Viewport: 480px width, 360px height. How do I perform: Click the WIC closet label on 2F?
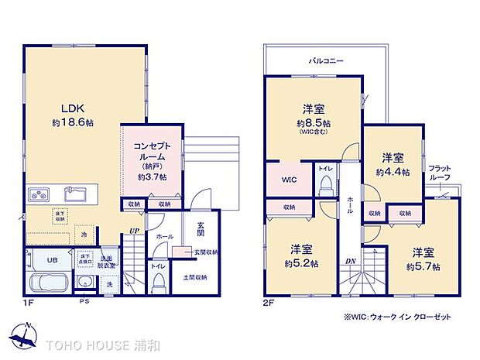pyautogui.click(x=288, y=180)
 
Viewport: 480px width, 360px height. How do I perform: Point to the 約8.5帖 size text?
pyautogui.click(x=313, y=123)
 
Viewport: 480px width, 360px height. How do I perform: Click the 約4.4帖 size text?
pyautogui.click(x=393, y=171)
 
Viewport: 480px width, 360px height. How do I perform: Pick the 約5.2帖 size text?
pyautogui.click(x=302, y=262)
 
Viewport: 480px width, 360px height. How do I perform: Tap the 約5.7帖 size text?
pyautogui.click(x=423, y=266)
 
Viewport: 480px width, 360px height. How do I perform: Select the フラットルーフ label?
pyautogui.click(x=441, y=172)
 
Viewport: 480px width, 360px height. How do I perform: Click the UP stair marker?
pyautogui.click(x=135, y=231)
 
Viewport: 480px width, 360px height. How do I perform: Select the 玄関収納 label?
pyautogui.click(x=206, y=252)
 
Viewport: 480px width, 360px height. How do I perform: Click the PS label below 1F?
pyautogui.click(x=81, y=303)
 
